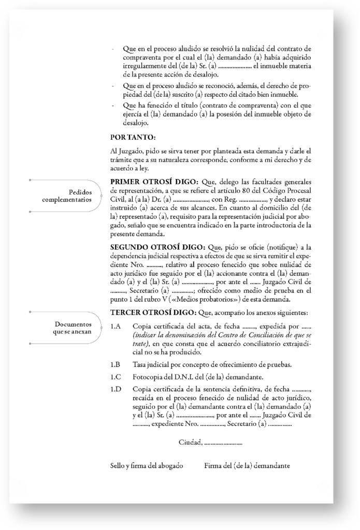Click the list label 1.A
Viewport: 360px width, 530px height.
pos(116,327)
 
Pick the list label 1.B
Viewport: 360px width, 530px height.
pos(116,364)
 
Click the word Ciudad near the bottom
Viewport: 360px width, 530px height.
pos(190,442)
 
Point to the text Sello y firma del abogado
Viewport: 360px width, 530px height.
pos(147,465)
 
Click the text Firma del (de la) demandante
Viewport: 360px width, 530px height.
pos(247,465)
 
